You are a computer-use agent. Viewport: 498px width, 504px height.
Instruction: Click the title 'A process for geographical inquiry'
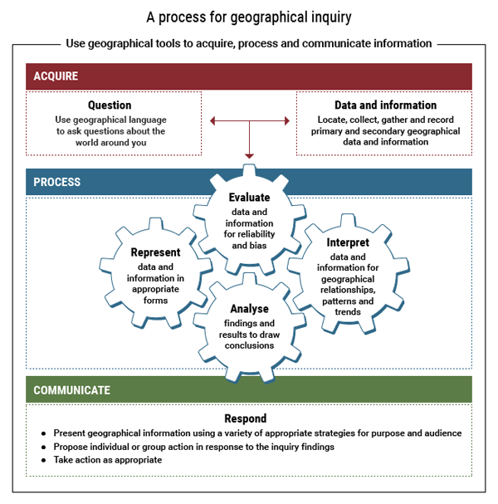point(248,17)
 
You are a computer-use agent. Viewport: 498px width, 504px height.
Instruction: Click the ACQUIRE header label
point(56,76)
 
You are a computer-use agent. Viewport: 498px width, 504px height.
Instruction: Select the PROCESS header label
point(57,182)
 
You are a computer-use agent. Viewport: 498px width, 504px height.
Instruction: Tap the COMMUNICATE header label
point(71,389)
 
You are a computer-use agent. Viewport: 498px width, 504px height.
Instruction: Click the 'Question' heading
point(110,105)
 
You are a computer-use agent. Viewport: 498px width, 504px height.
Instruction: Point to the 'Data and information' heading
point(385,105)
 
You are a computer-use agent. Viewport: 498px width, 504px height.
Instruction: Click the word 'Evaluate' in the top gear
point(249,198)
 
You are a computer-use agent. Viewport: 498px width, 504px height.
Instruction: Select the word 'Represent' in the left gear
point(155,252)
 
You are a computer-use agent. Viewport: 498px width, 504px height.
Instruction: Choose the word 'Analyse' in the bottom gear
point(249,309)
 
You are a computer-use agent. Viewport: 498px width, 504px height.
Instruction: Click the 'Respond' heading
point(246,418)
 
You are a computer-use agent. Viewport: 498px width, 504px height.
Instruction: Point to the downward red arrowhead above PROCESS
point(249,155)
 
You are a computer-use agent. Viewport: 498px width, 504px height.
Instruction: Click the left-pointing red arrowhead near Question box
point(213,122)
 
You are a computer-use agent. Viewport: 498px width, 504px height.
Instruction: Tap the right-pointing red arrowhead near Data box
point(286,122)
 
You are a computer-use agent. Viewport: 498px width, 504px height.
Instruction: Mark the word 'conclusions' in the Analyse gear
point(249,345)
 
